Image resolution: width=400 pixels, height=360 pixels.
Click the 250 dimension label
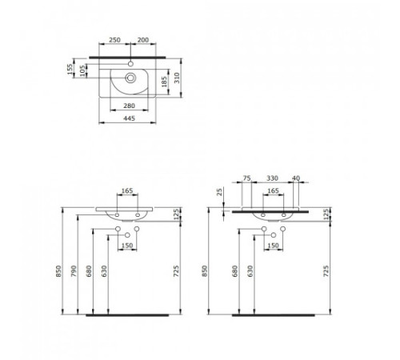tap(114, 40)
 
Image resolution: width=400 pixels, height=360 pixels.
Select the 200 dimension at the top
tap(143, 40)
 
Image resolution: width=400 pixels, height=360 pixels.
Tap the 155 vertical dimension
tap(70, 69)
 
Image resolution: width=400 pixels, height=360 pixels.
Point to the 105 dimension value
tap(83, 70)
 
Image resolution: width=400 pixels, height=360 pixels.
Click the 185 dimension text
tap(164, 82)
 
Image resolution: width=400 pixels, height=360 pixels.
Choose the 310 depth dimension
tap(177, 78)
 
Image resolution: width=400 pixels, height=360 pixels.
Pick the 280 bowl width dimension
tap(129, 106)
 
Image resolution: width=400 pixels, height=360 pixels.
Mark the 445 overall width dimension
tap(129, 118)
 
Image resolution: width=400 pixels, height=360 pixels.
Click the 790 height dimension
tap(74, 271)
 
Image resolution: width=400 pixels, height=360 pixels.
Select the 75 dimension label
tap(247, 178)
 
